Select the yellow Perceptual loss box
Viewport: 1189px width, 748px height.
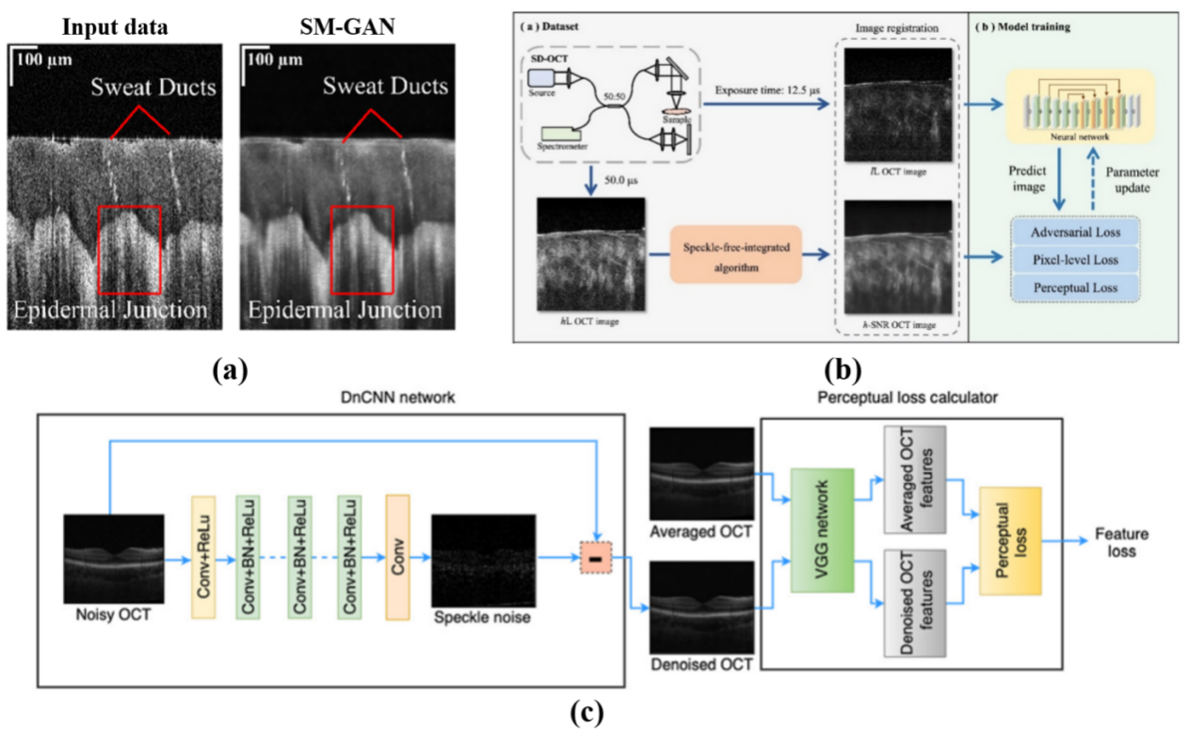[1010, 540]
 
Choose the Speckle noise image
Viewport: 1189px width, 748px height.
[482, 561]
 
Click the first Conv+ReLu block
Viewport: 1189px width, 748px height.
[203, 559]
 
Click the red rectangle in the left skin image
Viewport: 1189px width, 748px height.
[129, 250]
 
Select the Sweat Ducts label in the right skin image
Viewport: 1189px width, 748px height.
[385, 87]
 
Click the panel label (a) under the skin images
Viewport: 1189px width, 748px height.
[229, 369]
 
